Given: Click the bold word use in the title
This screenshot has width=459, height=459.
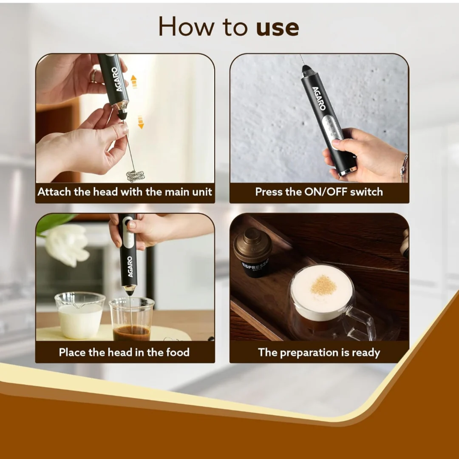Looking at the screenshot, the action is point(278,28).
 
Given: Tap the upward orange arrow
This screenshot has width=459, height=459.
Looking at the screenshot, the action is point(134,82).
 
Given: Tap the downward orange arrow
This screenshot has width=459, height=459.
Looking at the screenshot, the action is point(141,122).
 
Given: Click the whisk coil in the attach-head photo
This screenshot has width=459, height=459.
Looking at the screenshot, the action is point(136,176).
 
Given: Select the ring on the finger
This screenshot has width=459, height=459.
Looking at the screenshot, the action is point(93,76).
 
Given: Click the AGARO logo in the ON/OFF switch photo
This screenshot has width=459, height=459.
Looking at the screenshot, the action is point(319,98).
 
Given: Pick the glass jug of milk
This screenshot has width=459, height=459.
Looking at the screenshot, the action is point(80,315).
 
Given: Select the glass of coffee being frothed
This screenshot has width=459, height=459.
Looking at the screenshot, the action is point(131,319).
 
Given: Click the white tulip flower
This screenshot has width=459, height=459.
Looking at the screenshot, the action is point(68,245).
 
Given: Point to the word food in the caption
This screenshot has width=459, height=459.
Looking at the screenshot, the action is point(178,352).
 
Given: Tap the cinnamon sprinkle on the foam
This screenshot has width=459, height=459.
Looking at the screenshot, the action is point(323,285).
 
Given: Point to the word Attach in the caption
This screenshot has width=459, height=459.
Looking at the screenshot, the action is point(54,192).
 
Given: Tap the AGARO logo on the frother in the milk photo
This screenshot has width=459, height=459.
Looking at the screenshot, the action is point(130,267).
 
